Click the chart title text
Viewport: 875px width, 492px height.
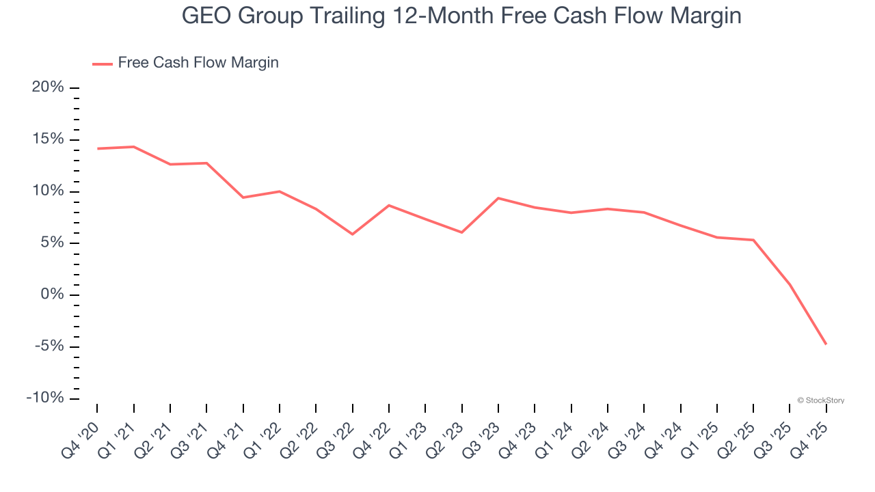pos(461,16)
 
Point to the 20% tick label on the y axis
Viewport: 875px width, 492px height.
pos(48,87)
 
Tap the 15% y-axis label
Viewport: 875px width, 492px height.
pos(48,139)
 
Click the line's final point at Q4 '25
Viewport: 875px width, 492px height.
pos(826,344)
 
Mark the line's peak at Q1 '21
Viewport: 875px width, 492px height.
pos(133,146)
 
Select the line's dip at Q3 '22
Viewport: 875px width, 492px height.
pos(352,234)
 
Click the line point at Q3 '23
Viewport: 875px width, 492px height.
pos(498,198)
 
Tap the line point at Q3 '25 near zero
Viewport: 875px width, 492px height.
pos(790,284)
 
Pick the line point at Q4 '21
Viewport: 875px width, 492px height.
pos(243,197)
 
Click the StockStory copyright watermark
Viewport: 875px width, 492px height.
pos(820,400)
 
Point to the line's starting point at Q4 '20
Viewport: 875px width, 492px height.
pos(98,148)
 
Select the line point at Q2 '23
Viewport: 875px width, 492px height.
pos(461,232)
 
